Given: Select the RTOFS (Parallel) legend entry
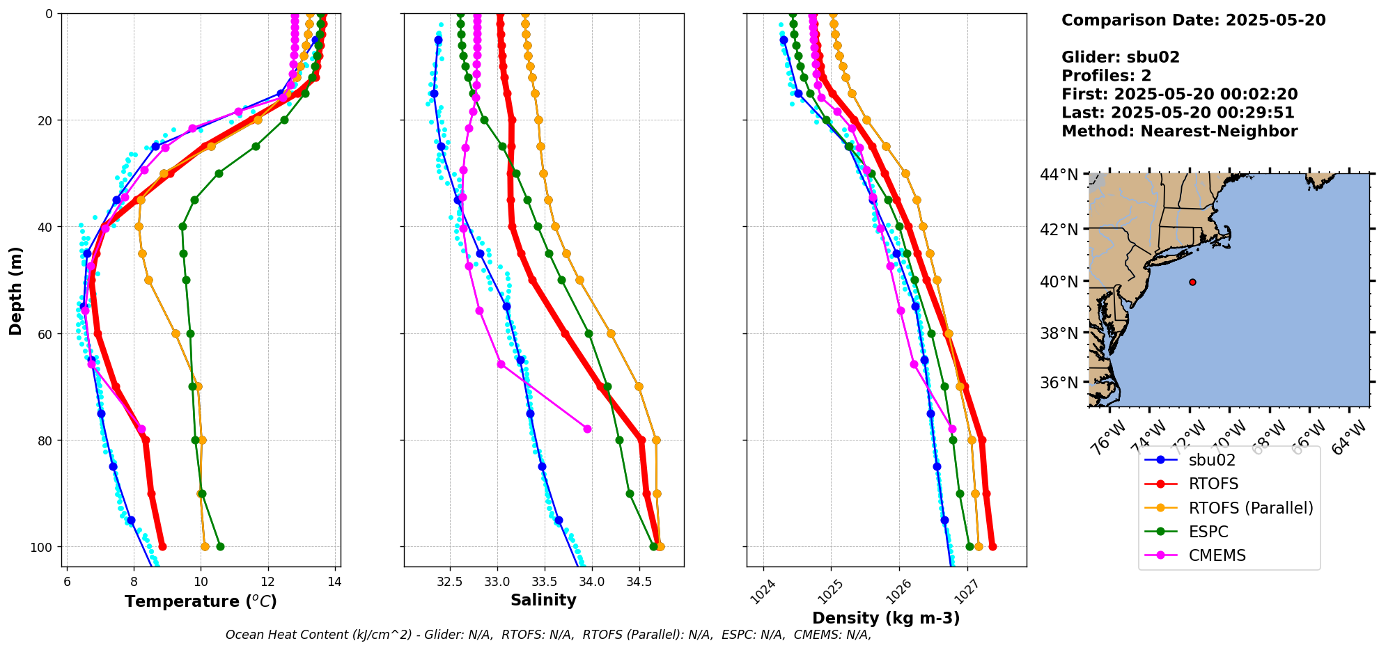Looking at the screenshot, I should click(x=1250, y=508).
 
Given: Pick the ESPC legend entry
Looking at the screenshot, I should click(x=1208, y=532).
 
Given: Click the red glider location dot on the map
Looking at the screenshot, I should click(x=1192, y=282).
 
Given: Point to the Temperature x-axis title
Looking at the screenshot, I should click(x=201, y=601).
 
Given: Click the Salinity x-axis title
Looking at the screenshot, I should click(x=543, y=600).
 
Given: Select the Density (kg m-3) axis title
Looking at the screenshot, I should click(x=886, y=618).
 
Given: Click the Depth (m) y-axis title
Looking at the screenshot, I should click(x=15, y=290).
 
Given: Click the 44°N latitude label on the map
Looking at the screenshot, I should click(x=1059, y=175).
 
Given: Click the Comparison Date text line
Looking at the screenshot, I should click(x=1193, y=20).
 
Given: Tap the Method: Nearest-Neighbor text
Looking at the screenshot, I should click(x=1179, y=132).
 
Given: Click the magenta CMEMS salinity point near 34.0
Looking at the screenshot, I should click(x=587, y=429).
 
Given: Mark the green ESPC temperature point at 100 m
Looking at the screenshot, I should click(x=220, y=546).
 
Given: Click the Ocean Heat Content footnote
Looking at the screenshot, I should click(x=548, y=635).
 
